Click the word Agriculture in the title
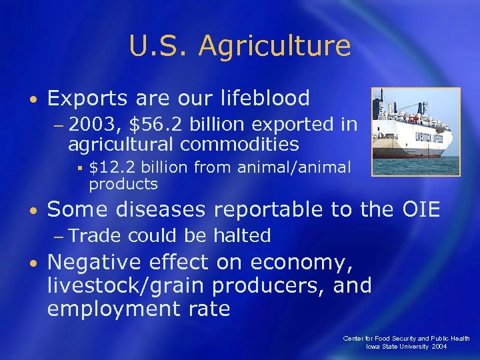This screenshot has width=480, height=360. click(x=275, y=47)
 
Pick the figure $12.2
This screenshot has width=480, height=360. click(x=111, y=168)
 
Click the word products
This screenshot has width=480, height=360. click(x=123, y=184)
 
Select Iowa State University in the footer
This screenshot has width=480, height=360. click(x=398, y=347)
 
